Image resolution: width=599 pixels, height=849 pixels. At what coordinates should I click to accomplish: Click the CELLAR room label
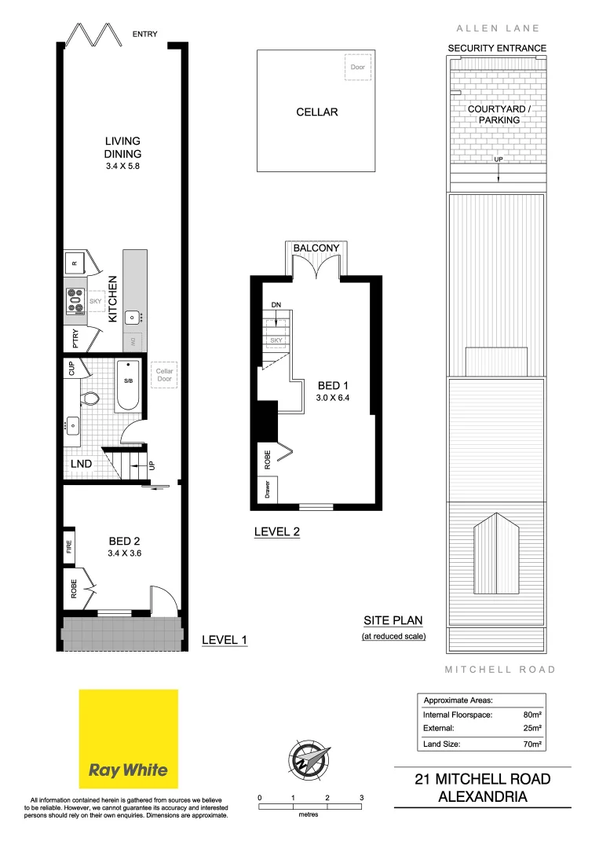(317, 112)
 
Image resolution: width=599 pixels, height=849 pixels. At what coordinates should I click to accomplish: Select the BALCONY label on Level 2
(316, 248)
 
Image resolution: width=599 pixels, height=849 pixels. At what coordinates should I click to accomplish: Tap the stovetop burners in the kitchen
(75, 300)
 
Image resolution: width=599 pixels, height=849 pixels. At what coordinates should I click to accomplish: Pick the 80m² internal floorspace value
(534, 715)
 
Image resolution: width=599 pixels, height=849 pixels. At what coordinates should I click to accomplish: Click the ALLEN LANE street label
(498, 28)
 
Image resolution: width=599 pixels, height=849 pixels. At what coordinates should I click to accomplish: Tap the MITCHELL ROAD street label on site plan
(500, 670)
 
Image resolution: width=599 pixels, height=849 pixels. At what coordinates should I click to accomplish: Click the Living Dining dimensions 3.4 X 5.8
(123, 167)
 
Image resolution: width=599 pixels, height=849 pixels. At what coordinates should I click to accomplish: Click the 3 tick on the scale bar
(362, 798)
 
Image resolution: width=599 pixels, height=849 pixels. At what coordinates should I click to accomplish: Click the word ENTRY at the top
(145, 34)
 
